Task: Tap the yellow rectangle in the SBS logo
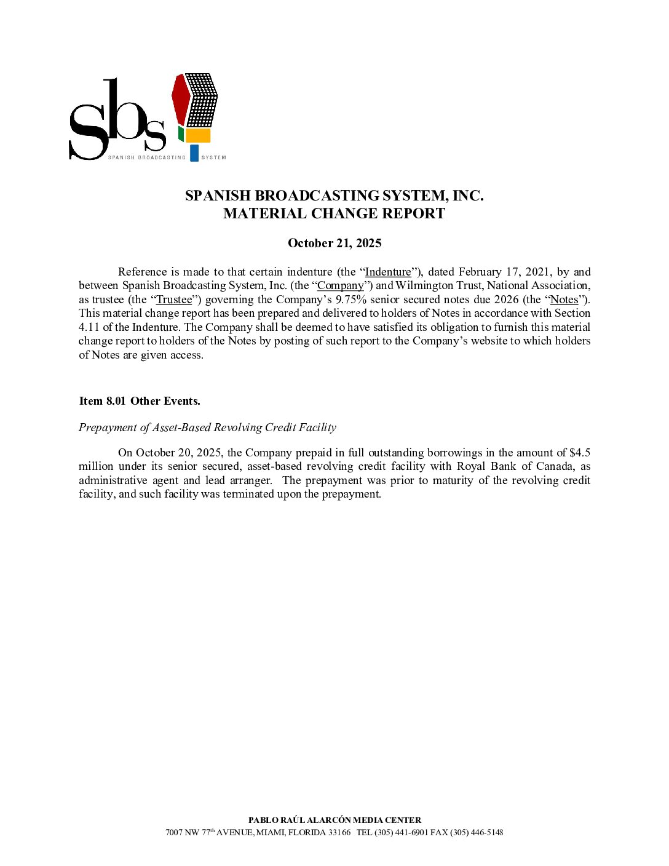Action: (x=198, y=135)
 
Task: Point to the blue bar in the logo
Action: (x=194, y=153)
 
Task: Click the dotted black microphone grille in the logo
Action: (x=202, y=100)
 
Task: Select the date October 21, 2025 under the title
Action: (x=334, y=243)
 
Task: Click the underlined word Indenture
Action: (x=388, y=272)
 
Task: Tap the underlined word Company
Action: (x=341, y=285)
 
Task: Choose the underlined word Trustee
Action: (x=174, y=300)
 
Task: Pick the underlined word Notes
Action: (x=564, y=300)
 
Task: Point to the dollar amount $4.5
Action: (x=580, y=453)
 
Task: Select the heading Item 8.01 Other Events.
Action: (x=140, y=401)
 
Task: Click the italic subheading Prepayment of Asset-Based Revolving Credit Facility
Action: (x=207, y=427)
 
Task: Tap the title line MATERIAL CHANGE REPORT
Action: (x=334, y=213)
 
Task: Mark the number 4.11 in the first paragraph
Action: (x=89, y=327)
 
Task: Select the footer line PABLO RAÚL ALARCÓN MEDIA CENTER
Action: (x=334, y=820)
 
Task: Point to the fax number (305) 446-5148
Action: (x=477, y=833)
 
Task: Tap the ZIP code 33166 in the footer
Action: (x=339, y=833)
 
